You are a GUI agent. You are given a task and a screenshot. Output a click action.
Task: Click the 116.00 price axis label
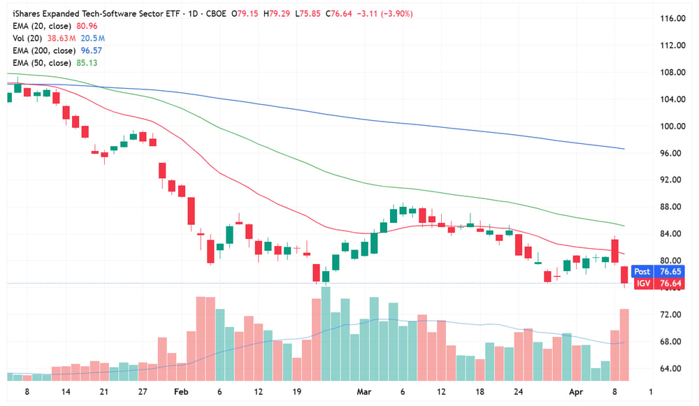[672, 18]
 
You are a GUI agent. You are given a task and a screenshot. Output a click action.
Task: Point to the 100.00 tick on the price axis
[672, 126]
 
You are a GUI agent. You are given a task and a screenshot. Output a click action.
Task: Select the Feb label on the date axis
[181, 392]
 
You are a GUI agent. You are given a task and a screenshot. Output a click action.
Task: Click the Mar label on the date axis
[363, 392]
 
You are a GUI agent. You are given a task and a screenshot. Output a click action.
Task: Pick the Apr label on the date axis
[576, 392]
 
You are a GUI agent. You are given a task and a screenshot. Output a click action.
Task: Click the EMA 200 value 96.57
[92, 51]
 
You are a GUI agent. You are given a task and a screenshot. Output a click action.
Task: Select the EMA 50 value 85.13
[87, 63]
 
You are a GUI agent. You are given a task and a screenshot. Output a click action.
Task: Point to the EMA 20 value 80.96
[87, 27]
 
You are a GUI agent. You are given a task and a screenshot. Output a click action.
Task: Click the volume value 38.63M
[62, 38]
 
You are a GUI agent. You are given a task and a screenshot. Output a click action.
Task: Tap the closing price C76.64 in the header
[339, 14]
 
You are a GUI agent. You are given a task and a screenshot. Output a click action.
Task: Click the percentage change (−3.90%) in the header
[397, 14]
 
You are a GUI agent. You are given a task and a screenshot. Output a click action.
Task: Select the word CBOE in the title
[216, 14]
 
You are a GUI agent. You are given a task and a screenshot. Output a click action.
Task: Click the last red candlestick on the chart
[624, 275]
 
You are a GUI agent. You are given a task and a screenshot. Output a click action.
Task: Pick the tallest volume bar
[326, 333]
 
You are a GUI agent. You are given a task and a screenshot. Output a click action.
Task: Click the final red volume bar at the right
[624, 345]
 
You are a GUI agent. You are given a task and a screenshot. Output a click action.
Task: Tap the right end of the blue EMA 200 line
[624, 149]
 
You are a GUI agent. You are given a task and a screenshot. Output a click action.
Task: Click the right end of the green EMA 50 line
[624, 226]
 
